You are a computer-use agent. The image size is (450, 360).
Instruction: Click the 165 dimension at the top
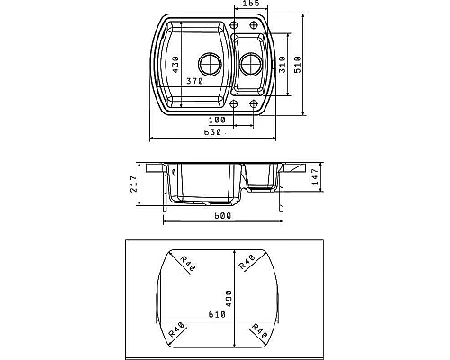click(x=250, y=4)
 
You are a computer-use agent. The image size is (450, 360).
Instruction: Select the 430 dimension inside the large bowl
click(x=175, y=64)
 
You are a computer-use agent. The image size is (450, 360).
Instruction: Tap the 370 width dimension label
click(x=195, y=81)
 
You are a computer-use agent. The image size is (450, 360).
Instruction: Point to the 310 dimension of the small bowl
click(x=283, y=65)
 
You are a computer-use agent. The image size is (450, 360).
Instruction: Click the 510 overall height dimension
click(x=298, y=65)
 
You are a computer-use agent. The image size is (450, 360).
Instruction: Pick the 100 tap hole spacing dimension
click(x=217, y=121)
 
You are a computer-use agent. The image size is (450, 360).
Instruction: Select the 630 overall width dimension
click(x=212, y=132)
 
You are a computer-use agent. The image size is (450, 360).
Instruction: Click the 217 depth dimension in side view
click(x=134, y=184)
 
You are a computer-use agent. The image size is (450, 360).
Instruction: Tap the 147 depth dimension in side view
click(x=315, y=177)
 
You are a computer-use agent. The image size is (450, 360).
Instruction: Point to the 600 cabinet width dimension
click(x=222, y=216)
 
